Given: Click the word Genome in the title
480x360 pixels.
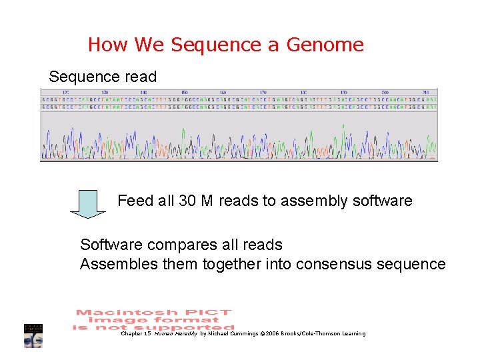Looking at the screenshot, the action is point(325,45).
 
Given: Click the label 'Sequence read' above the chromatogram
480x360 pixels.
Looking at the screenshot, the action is point(103,77).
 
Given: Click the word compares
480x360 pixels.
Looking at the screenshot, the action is point(188,245).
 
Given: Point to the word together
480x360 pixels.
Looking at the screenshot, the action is point(225,265).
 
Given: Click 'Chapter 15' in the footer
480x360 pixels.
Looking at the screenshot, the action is point(135,333).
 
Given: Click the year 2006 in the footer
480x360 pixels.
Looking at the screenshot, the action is point(272,333).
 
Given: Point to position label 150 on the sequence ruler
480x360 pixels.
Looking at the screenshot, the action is point(184,92).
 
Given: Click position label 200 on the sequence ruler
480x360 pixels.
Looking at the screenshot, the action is point(385,92).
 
